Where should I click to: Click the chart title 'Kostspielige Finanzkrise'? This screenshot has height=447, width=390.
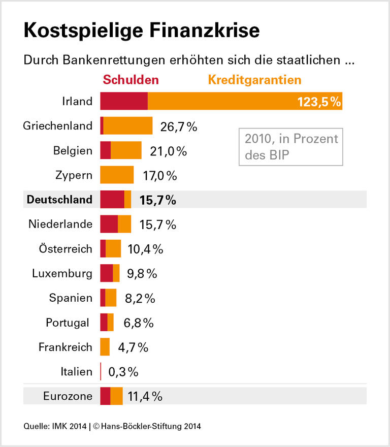pos(141,31)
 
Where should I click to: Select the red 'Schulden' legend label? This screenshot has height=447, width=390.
pos(131,80)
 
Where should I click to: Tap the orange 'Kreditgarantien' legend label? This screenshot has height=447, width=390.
pos(254,80)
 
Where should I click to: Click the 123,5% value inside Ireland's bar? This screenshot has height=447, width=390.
pos(318,102)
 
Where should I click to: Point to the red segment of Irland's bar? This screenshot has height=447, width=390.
pos(124,101)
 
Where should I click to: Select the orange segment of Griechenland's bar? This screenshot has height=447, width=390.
pos(128,125)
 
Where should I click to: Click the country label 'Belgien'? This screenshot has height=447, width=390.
pos(73,150)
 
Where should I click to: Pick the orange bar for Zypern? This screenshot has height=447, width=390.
pos(117,175)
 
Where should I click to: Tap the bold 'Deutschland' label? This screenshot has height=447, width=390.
pos(59,200)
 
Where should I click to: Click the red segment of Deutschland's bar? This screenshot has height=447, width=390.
pos(112,200)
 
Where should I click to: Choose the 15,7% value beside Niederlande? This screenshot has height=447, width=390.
pos(157,225)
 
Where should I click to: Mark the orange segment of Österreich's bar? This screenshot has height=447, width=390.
pos(113,249)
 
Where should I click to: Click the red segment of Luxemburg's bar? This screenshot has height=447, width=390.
pos(107,273)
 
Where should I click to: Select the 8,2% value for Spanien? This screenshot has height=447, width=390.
pos(140,298)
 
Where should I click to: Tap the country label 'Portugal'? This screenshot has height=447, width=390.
pos(67,323)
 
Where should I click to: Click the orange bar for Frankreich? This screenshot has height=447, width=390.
pos(105,347)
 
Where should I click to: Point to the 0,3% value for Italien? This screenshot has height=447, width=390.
pos(123,372)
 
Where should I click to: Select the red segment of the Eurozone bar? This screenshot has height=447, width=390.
pos(105,396)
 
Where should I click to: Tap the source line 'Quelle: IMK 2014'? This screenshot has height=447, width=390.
pos(55,426)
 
